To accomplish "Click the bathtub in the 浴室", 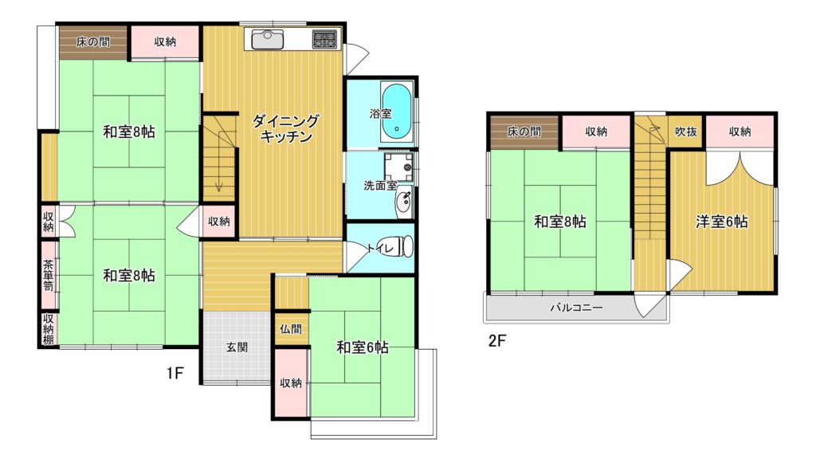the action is pyautogui.click(x=398, y=112).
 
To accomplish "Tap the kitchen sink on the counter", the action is pyautogui.click(x=267, y=39).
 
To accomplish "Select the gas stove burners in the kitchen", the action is pyautogui.click(x=324, y=40).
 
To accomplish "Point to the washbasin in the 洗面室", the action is pyautogui.click(x=404, y=202).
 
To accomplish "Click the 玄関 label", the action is pyautogui.click(x=237, y=347).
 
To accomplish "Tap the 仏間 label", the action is pyautogui.click(x=290, y=329).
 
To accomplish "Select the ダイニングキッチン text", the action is pyautogui.click(x=285, y=129).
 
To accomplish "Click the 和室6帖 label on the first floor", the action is pyautogui.click(x=363, y=347).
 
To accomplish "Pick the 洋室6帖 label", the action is pyautogui.click(x=722, y=222).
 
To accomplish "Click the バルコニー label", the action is pyautogui.click(x=577, y=308).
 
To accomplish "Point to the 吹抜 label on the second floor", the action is pyautogui.click(x=686, y=131).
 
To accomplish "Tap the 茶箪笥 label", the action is pyautogui.click(x=48, y=275).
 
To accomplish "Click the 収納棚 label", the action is pyautogui.click(x=48, y=329).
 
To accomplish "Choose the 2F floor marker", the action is pyautogui.click(x=497, y=340).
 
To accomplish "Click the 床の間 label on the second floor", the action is pyautogui.click(x=524, y=131).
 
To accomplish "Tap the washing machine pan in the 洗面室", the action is pyautogui.click(x=398, y=167).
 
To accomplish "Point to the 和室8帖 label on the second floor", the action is pyautogui.click(x=560, y=222).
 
